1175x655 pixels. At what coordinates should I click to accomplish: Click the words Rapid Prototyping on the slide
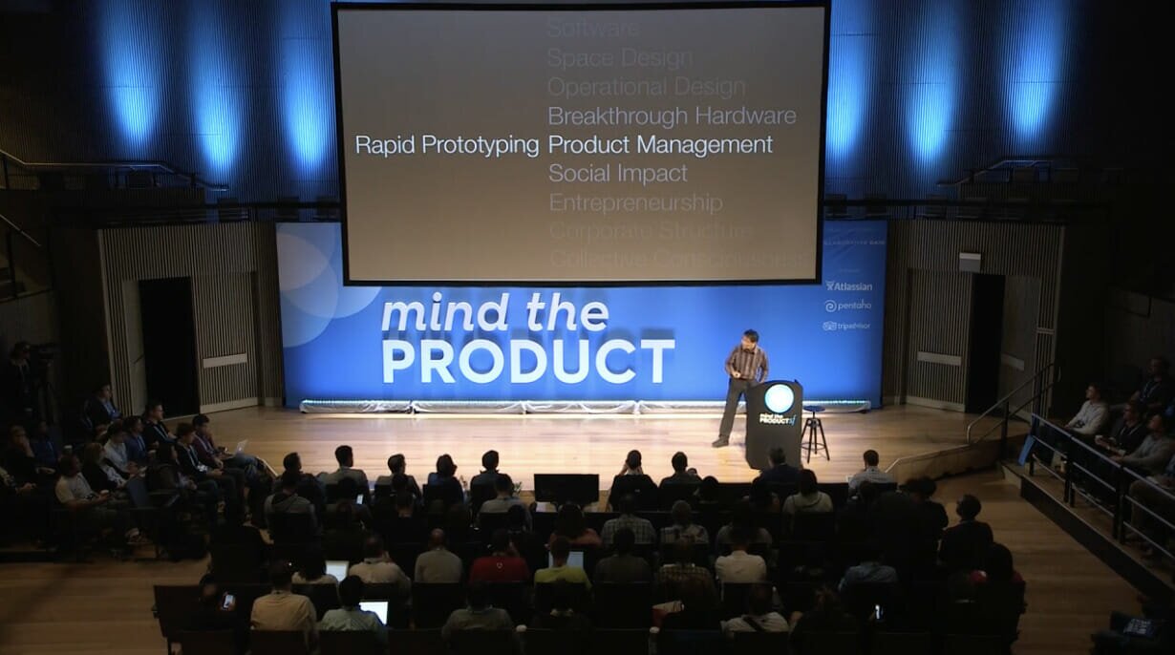(x=447, y=145)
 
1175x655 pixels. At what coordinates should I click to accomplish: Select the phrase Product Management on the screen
(x=660, y=145)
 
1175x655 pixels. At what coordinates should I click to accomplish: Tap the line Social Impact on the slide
(x=617, y=174)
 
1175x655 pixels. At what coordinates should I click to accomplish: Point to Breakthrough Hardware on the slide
(x=672, y=116)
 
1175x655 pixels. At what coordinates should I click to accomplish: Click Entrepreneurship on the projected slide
(x=635, y=203)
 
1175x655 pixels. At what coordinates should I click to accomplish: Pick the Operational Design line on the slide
(x=646, y=87)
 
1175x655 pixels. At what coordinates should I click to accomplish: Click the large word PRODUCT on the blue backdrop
(x=528, y=361)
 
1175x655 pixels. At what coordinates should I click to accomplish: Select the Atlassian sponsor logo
(x=848, y=285)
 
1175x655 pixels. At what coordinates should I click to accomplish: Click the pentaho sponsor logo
(x=848, y=306)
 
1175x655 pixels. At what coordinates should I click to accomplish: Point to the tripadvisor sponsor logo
(x=846, y=326)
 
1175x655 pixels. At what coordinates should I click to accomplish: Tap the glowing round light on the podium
(x=779, y=397)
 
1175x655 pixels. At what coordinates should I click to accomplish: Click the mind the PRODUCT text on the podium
(x=774, y=419)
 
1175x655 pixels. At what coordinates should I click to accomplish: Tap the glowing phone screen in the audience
(x=227, y=601)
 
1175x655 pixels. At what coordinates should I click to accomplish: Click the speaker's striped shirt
(x=746, y=363)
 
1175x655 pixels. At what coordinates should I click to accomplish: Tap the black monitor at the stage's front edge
(x=566, y=488)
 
